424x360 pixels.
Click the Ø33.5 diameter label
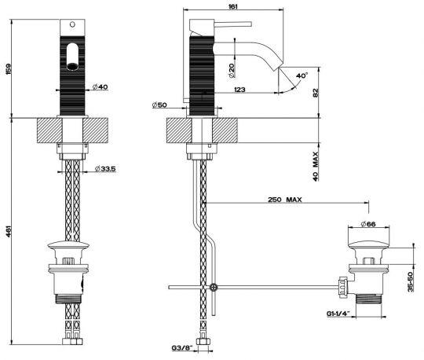pyautogui.click(x=105, y=169)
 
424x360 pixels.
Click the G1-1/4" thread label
pyautogui.click(x=340, y=313)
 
